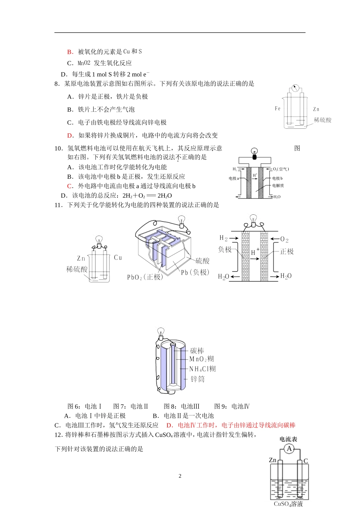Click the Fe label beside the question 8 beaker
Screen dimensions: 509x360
point(278,109)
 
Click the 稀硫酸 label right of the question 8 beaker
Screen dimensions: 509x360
point(322,120)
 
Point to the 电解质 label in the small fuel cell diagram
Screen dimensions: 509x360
point(278,186)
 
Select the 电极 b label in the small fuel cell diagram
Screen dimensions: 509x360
point(277,178)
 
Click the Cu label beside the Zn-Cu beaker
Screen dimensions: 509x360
point(118,258)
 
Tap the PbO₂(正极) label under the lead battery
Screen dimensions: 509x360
point(145,277)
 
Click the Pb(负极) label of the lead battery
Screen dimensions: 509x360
point(195,272)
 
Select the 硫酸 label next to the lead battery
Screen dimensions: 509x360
point(202,261)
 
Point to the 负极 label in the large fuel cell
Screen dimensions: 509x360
point(225,249)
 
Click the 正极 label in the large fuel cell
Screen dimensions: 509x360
point(287,251)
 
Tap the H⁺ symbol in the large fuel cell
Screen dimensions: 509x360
point(255,252)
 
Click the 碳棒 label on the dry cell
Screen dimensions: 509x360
point(197,351)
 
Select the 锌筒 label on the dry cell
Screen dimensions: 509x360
point(197,379)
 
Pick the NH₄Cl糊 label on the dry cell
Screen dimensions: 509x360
point(202,369)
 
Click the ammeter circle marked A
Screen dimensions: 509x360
point(289,449)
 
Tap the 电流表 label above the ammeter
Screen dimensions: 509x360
point(288,439)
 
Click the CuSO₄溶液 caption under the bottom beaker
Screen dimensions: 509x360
point(288,504)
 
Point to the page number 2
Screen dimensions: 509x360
point(180,476)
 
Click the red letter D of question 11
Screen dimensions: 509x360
point(169,425)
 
